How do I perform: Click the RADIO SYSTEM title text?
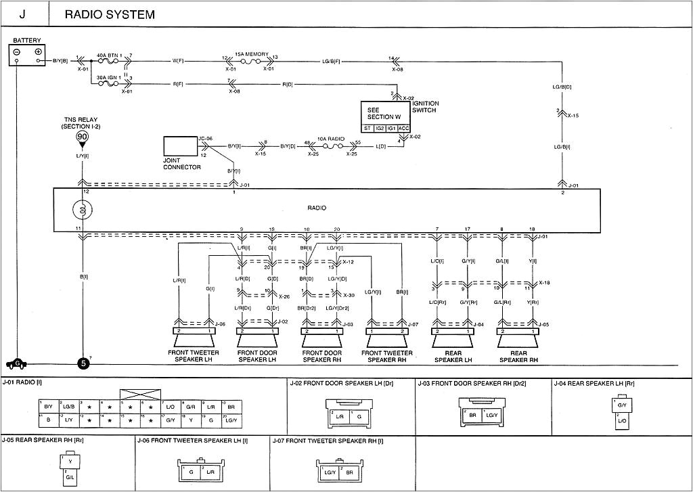click(110, 14)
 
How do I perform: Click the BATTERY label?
click(27, 41)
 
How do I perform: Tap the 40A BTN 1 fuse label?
click(108, 55)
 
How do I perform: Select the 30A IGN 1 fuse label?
click(108, 77)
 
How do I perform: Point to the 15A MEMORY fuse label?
click(252, 54)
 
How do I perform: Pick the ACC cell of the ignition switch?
click(403, 127)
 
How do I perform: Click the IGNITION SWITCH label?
click(424, 107)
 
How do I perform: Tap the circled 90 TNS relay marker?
click(83, 136)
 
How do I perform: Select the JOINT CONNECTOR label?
click(182, 164)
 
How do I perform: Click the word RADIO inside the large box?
click(316, 208)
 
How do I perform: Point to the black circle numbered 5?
click(83, 363)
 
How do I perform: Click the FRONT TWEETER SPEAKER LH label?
click(193, 356)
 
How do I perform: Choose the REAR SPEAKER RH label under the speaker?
click(518, 356)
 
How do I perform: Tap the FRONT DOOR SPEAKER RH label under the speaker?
click(322, 356)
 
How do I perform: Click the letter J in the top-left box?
click(22, 14)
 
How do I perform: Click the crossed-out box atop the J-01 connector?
click(140, 394)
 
